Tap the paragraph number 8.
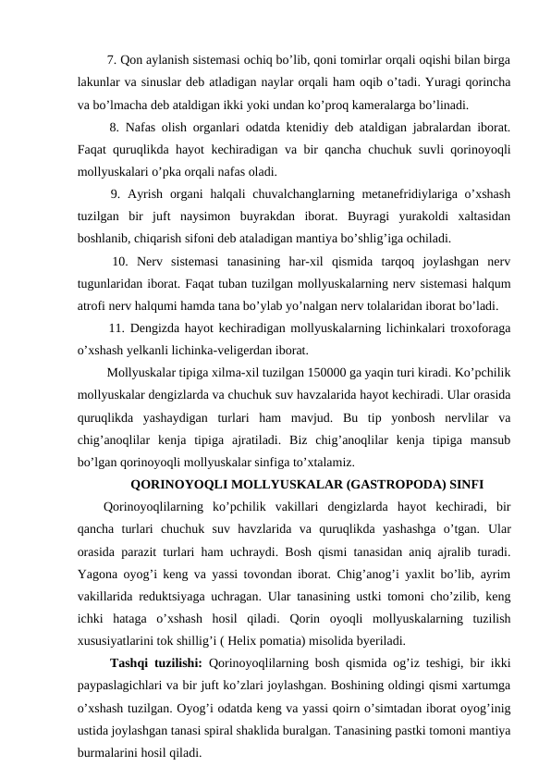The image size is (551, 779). tap(115, 127)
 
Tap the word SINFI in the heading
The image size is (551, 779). tap(464, 483)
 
